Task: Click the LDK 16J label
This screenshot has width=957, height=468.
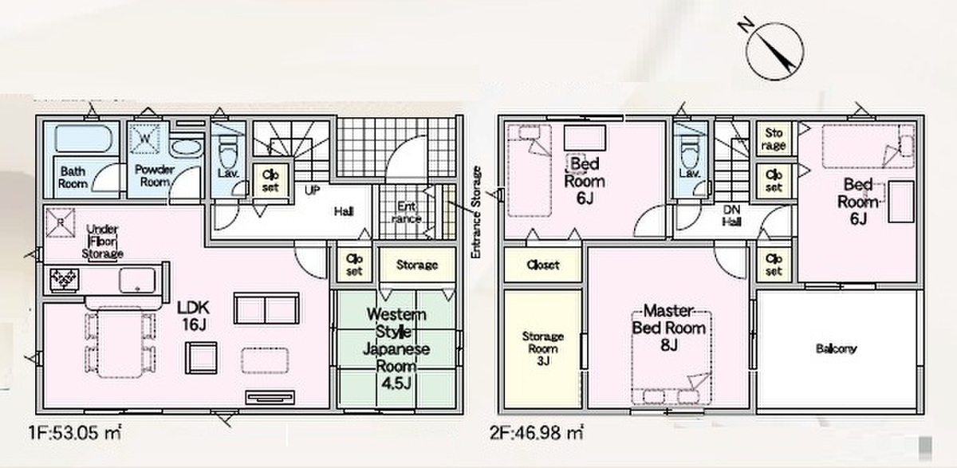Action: click(194, 316)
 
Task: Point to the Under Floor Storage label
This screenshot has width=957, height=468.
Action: click(103, 242)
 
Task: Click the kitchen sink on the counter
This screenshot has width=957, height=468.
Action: click(136, 280)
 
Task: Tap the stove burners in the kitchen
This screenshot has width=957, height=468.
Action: click(65, 280)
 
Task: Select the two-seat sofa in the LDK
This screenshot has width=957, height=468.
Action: click(266, 309)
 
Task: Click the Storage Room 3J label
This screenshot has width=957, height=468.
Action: click(542, 348)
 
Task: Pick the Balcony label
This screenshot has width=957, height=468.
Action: click(836, 349)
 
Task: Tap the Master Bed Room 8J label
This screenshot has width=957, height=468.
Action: click(668, 328)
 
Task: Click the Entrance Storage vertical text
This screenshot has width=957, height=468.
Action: click(476, 212)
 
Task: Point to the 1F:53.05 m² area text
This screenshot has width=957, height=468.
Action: click(75, 433)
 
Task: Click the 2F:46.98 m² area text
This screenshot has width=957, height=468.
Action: click(537, 433)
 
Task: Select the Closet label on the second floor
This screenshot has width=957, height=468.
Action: click(542, 265)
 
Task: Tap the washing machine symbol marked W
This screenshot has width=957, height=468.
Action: click(145, 139)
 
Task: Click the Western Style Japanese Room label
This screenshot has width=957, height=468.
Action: click(396, 348)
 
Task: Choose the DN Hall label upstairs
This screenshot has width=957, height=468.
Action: click(732, 215)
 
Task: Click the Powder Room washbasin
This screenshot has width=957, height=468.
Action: click(187, 147)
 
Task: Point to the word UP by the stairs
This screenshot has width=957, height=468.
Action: click(313, 191)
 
